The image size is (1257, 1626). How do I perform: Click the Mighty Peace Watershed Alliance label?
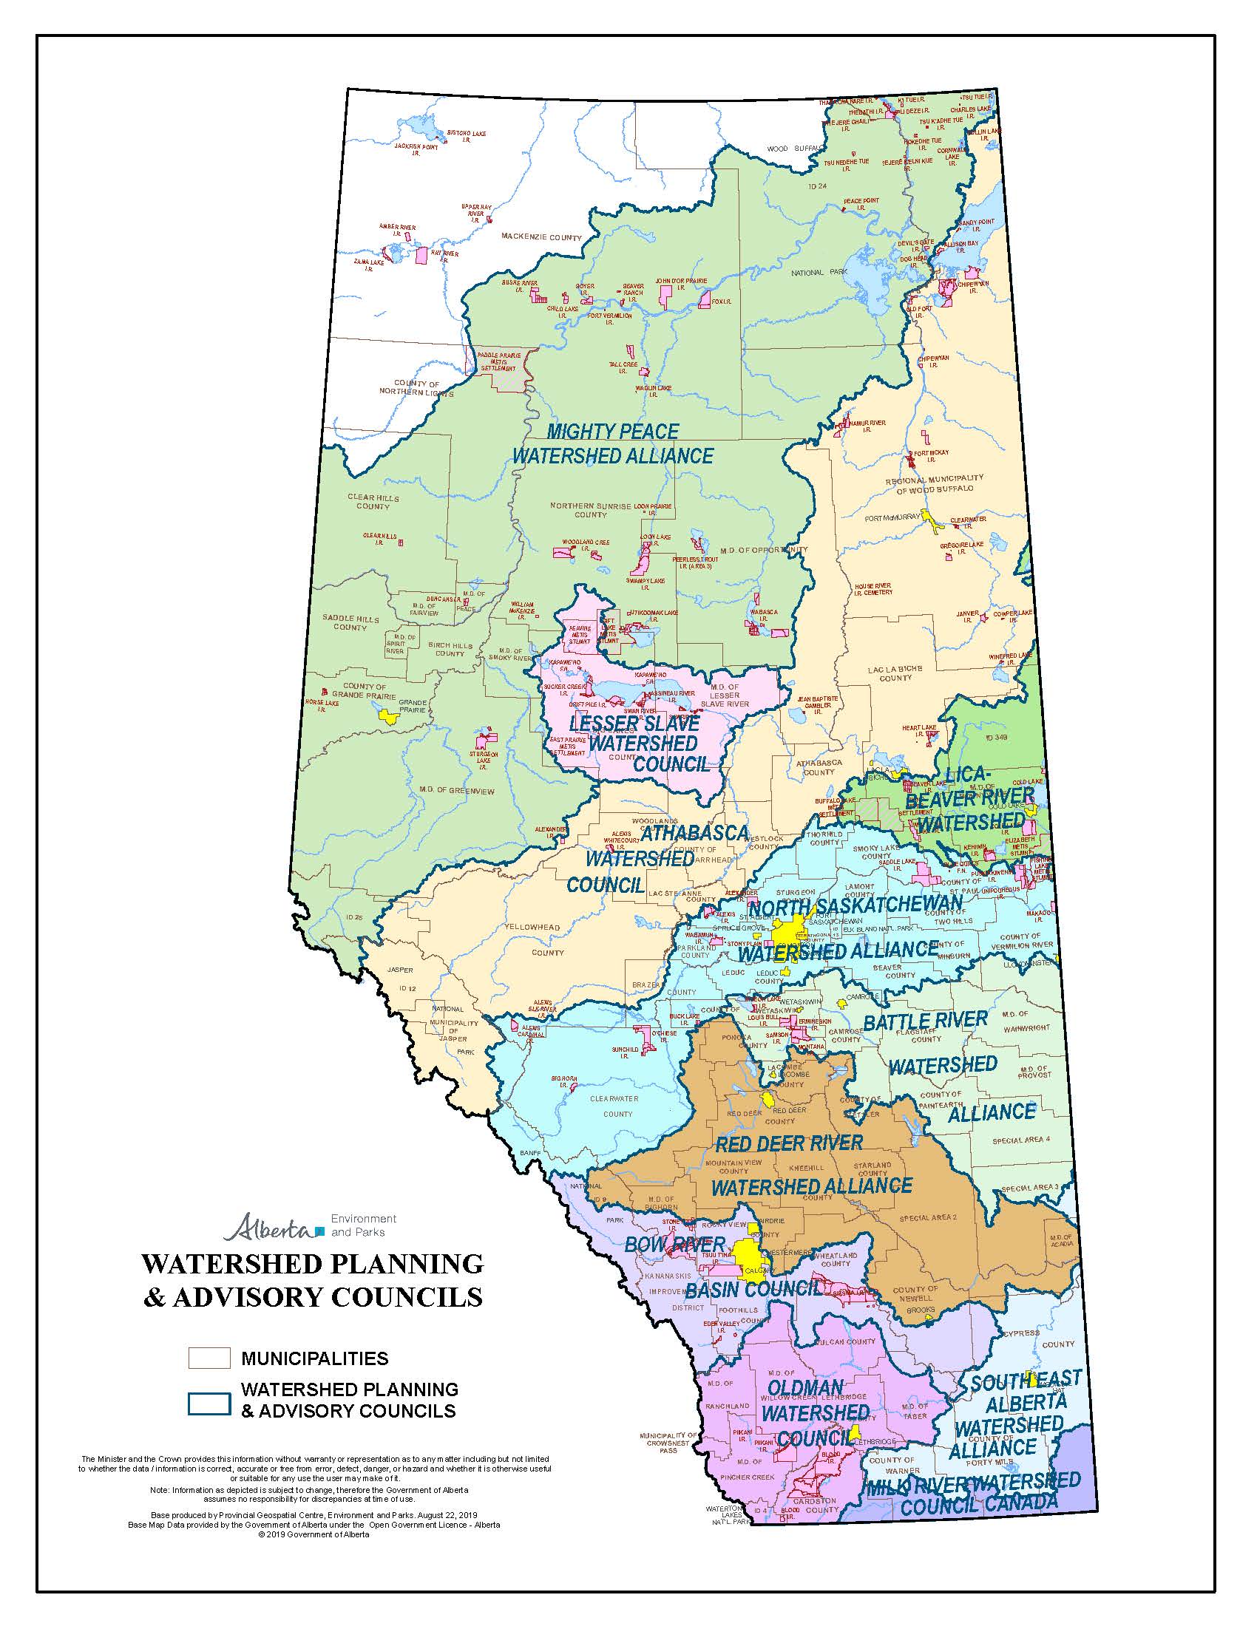tap(612, 443)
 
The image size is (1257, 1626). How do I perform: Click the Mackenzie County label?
tap(541, 237)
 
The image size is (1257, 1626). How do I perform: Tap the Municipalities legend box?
tap(209, 1358)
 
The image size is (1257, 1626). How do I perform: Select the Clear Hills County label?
tap(373, 502)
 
